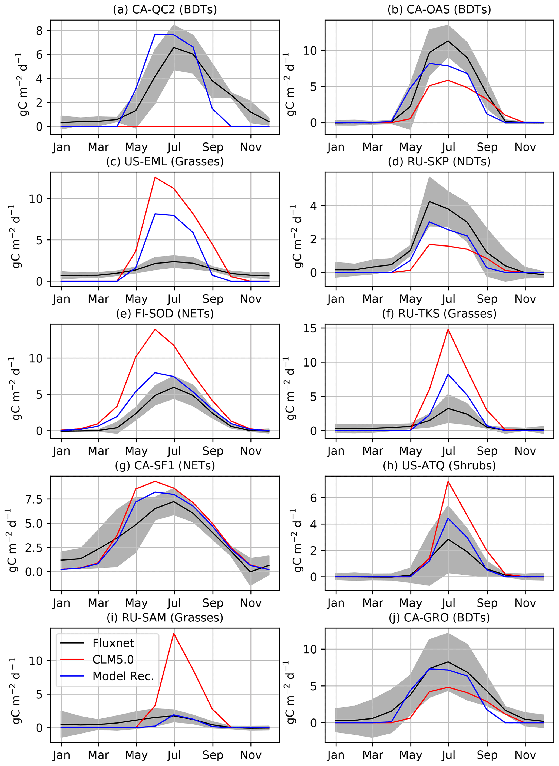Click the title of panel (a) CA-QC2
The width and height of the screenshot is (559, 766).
tap(165, 9)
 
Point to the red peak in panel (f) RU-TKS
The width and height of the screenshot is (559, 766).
tap(448, 329)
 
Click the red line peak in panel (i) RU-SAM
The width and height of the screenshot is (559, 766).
tap(174, 633)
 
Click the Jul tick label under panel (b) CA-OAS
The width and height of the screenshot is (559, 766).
tap(448, 147)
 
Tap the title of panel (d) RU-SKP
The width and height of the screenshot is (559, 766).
tap(439, 162)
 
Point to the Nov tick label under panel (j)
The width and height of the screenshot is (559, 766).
tap(525, 755)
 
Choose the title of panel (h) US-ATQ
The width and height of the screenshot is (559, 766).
tap(439, 466)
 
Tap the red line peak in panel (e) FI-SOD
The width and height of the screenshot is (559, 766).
tap(155, 329)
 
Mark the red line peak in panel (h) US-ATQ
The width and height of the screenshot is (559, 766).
tap(448, 481)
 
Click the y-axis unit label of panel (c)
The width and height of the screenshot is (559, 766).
tap(16, 237)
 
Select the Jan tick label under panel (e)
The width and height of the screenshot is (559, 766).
tap(61, 451)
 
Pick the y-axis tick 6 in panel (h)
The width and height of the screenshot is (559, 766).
tap(314, 498)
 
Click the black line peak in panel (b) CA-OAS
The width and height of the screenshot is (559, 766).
tap(448, 41)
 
